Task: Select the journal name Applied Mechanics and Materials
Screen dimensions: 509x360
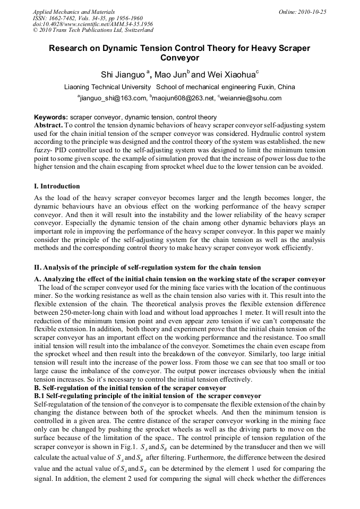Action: pos(74,11)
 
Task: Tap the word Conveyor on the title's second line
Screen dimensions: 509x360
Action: pos(179,58)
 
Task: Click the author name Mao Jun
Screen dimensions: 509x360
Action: pos(170,74)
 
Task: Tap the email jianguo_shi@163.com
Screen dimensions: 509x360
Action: pos(113,98)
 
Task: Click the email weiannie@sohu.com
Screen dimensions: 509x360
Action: pos(251,98)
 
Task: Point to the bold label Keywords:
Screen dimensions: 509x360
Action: pos(51,117)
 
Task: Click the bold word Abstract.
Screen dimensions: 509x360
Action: pos(48,124)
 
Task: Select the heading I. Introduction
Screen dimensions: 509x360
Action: pos(57,186)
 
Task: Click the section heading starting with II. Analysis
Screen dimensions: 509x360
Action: pos(147,267)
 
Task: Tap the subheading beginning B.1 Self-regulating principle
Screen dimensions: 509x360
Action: pos(147,396)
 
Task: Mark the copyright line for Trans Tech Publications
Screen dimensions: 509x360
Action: pos(85,30)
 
